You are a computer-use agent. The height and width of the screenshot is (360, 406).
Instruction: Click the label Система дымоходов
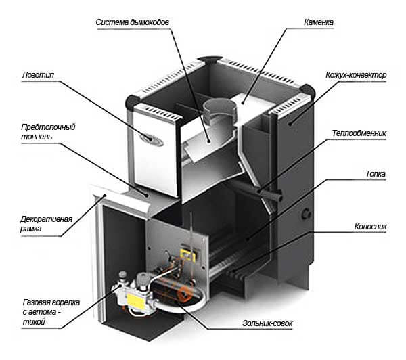point(133,22)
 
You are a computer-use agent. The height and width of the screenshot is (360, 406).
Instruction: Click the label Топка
point(374,174)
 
